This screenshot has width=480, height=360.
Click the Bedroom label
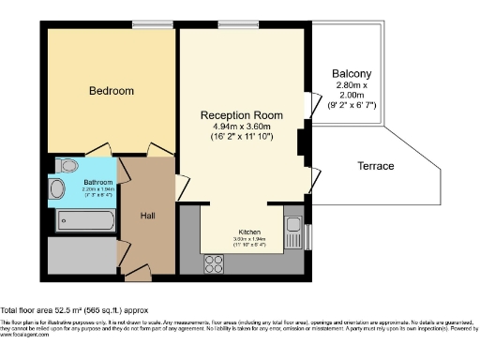coord(111,91)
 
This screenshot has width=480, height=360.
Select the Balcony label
coord(352,74)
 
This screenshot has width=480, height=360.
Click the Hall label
coord(148,216)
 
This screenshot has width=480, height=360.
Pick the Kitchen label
coord(248,231)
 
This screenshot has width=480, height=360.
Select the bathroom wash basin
coord(57,191)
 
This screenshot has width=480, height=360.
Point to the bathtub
coord(85,222)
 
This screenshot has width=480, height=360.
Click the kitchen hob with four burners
coord(226,261)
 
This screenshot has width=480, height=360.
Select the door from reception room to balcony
coord(310,104)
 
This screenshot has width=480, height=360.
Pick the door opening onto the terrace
coord(312,175)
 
